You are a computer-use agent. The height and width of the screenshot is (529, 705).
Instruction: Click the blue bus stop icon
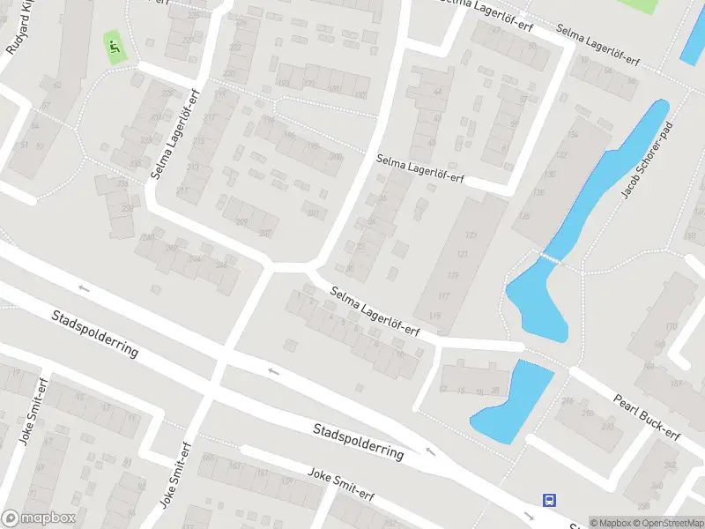549,500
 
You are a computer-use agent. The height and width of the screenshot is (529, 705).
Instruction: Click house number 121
463,254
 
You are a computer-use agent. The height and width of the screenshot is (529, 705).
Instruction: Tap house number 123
471,235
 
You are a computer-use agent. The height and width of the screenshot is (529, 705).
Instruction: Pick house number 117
445,296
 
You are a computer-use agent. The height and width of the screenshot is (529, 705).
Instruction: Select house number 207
264,233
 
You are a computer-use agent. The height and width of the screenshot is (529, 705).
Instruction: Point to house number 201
313,212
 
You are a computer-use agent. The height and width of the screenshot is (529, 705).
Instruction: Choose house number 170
672,327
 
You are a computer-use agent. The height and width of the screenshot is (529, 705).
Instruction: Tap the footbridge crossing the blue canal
551,258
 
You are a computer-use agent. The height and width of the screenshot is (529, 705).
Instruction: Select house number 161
262,474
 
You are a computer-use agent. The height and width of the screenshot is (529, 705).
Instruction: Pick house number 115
434,316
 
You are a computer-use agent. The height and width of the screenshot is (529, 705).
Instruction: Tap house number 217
209,118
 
